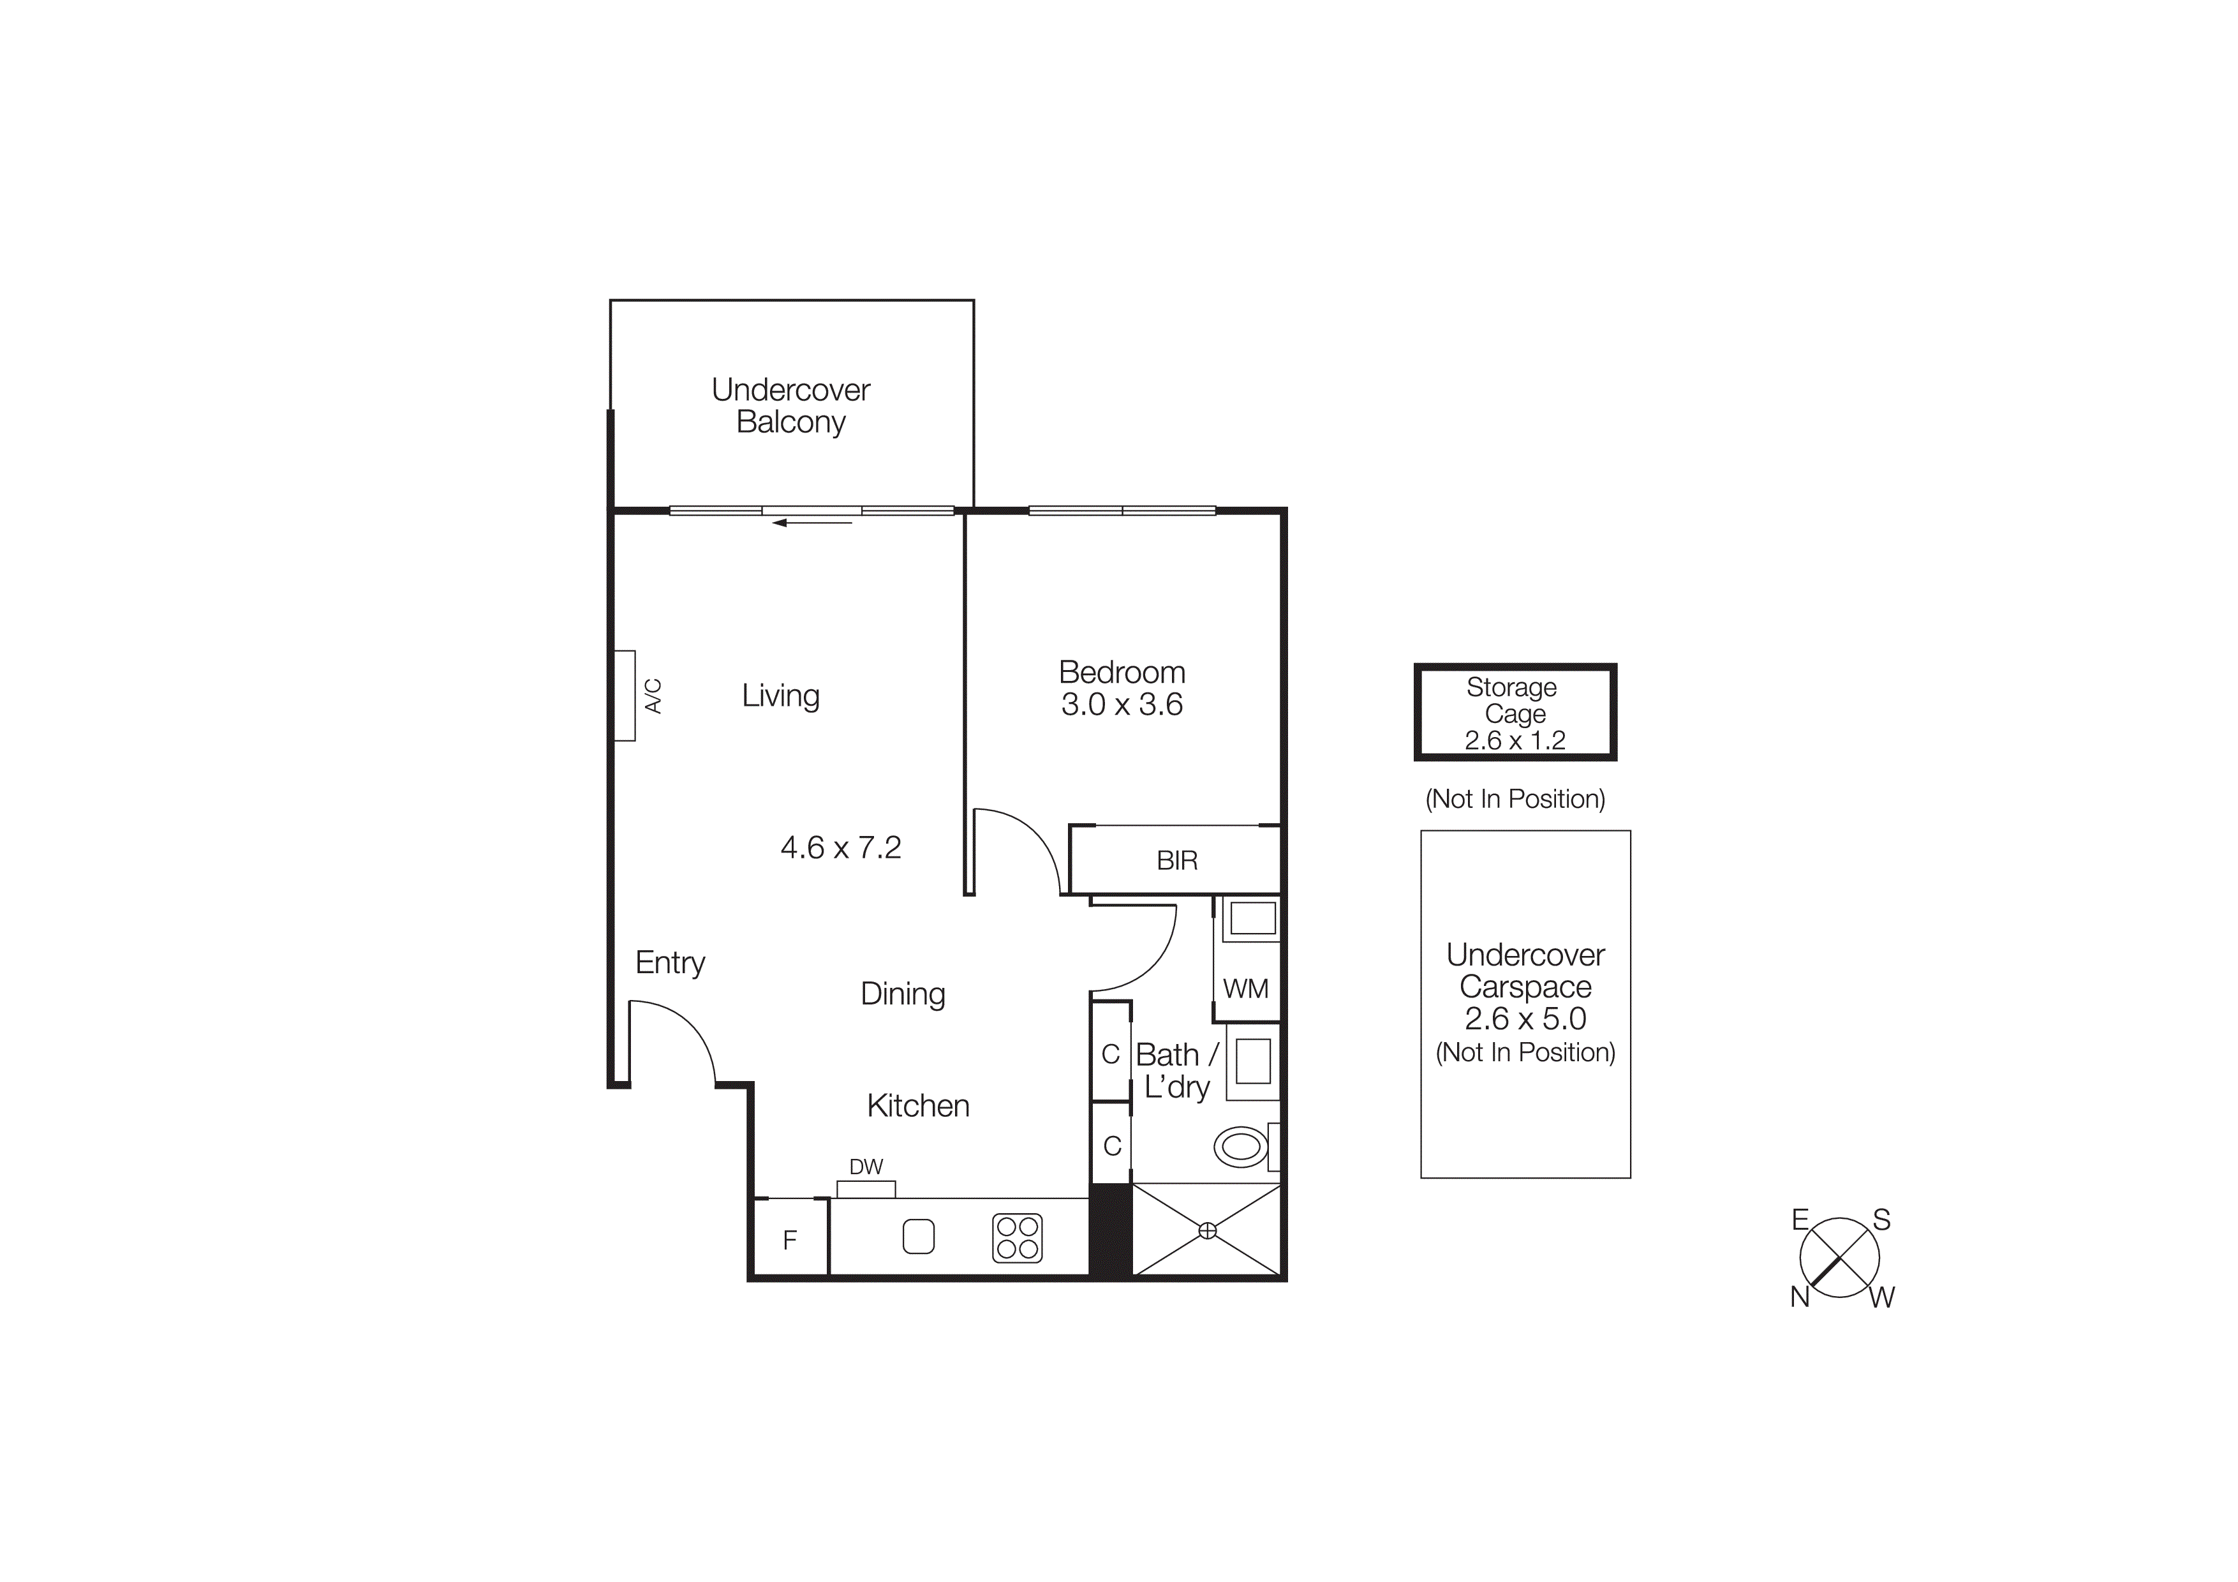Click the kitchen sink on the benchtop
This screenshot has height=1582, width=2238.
tap(918, 1236)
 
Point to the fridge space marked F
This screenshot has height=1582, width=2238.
tap(790, 1239)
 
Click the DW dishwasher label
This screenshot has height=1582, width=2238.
tap(866, 1167)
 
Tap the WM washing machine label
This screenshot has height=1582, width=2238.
tap(1246, 989)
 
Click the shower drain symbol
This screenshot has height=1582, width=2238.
tap(1207, 1231)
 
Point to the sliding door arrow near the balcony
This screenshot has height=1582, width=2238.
tap(812, 523)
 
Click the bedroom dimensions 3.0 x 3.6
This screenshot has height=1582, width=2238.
tap(1122, 705)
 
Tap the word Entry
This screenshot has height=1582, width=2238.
tap(670, 963)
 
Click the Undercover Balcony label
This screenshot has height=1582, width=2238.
tap(790, 405)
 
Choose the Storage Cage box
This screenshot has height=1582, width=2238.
tap(1515, 713)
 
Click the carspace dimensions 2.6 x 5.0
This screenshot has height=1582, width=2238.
tap(1525, 1019)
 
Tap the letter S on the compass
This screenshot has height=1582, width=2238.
tap(1881, 1220)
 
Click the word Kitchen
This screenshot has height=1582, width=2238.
tap(917, 1105)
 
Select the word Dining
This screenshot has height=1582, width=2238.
tap(903, 994)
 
